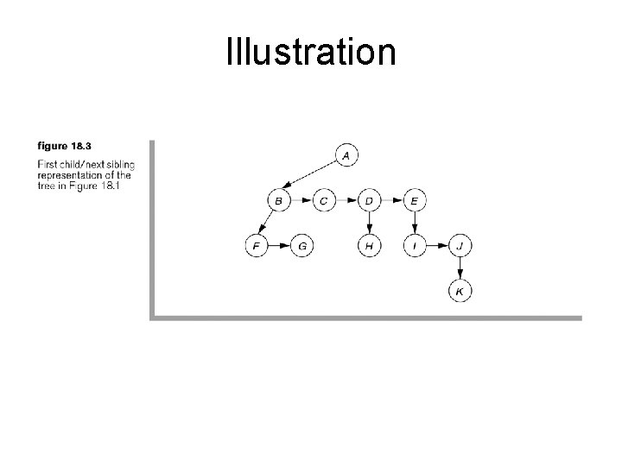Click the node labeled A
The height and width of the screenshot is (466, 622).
346,155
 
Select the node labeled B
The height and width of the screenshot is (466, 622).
279,201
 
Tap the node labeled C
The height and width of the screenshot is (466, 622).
324,201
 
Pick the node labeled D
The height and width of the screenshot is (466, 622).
369,201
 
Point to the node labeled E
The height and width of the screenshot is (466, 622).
415,201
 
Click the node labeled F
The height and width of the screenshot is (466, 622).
257,246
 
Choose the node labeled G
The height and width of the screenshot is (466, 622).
301,246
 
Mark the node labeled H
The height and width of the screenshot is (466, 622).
369,246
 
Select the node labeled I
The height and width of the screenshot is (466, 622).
415,246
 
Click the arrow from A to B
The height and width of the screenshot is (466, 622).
312,178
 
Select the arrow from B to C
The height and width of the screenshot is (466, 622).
301,201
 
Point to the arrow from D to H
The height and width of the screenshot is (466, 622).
369,224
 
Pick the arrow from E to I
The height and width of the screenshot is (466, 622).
415,224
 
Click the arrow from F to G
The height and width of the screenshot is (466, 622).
279,246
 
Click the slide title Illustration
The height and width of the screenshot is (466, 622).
311,52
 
